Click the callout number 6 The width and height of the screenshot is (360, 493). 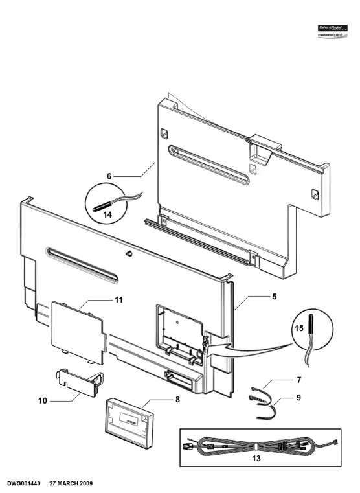(x=109, y=176)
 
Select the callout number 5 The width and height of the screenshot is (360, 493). (x=274, y=297)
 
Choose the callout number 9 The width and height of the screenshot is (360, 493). (x=298, y=397)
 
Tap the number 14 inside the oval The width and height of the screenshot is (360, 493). (x=107, y=213)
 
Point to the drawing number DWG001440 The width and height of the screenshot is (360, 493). (x=25, y=483)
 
